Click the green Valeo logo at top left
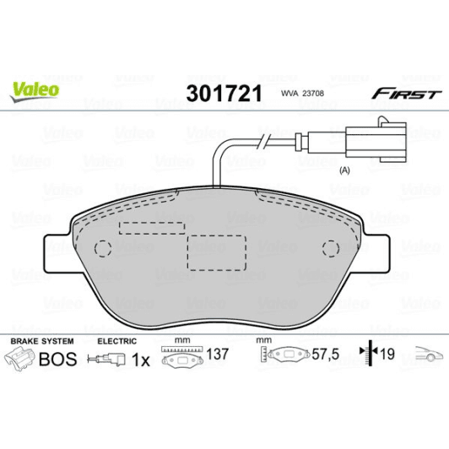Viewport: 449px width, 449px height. click(34, 88)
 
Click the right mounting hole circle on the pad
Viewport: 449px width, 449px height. click(331, 248)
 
